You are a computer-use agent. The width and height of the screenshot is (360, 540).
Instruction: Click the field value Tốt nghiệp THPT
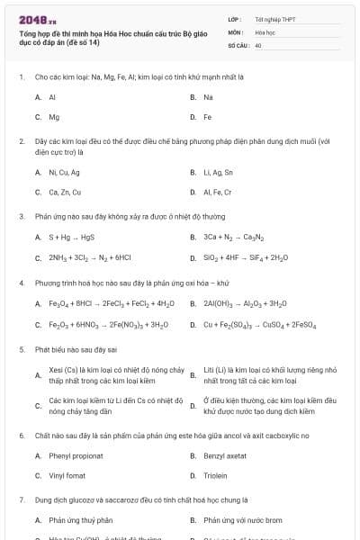pyautogui.click(x=274, y=18)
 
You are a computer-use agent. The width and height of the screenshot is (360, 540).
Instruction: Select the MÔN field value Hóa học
pyautogui.click(x=264, y=31)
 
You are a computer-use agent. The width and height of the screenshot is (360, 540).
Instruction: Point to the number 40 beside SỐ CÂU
pyautogui.click(x=258, y=44)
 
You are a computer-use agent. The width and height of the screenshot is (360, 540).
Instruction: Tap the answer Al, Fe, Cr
pyautogui.click(x=218, y=192)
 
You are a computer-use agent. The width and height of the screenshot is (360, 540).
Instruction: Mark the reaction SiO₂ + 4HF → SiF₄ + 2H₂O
pyautogui.click(x=246, y=258)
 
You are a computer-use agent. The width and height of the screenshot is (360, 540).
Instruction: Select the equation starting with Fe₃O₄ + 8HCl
pyautogui.click(x=112, y=304)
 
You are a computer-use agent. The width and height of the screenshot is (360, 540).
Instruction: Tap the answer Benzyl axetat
pyautogui.click(x=225, y=456)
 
